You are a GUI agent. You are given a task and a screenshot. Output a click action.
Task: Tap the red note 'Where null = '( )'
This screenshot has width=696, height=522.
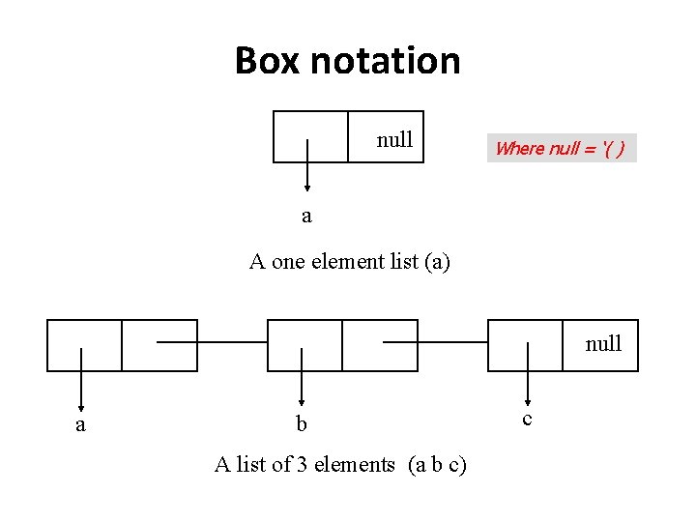pos(561,148)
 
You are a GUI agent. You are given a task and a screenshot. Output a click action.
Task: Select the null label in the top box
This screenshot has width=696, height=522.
pos(394,139)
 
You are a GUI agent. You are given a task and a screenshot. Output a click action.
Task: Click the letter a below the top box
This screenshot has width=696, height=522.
pos(306,216)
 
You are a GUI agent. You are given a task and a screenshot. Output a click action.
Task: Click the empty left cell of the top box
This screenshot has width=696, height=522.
pos(310,126)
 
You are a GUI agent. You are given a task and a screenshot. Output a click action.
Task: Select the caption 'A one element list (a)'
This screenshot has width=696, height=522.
pos(349,261)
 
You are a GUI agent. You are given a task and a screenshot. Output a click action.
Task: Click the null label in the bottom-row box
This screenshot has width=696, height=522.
pos(603,343)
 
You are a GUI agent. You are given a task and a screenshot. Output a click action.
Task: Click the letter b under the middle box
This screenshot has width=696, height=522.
pos(302,424)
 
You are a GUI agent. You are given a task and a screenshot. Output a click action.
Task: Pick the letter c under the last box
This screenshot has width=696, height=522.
pos(527,418)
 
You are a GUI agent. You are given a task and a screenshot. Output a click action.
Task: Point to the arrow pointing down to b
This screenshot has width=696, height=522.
pos(303,377)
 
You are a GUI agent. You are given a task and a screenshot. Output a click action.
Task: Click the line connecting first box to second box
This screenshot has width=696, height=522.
pos(211,342)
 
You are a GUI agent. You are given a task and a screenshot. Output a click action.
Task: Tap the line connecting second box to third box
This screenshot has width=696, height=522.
pos(435,342)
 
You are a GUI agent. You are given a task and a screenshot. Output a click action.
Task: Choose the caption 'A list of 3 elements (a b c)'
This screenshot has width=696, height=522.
pos(340,465)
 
